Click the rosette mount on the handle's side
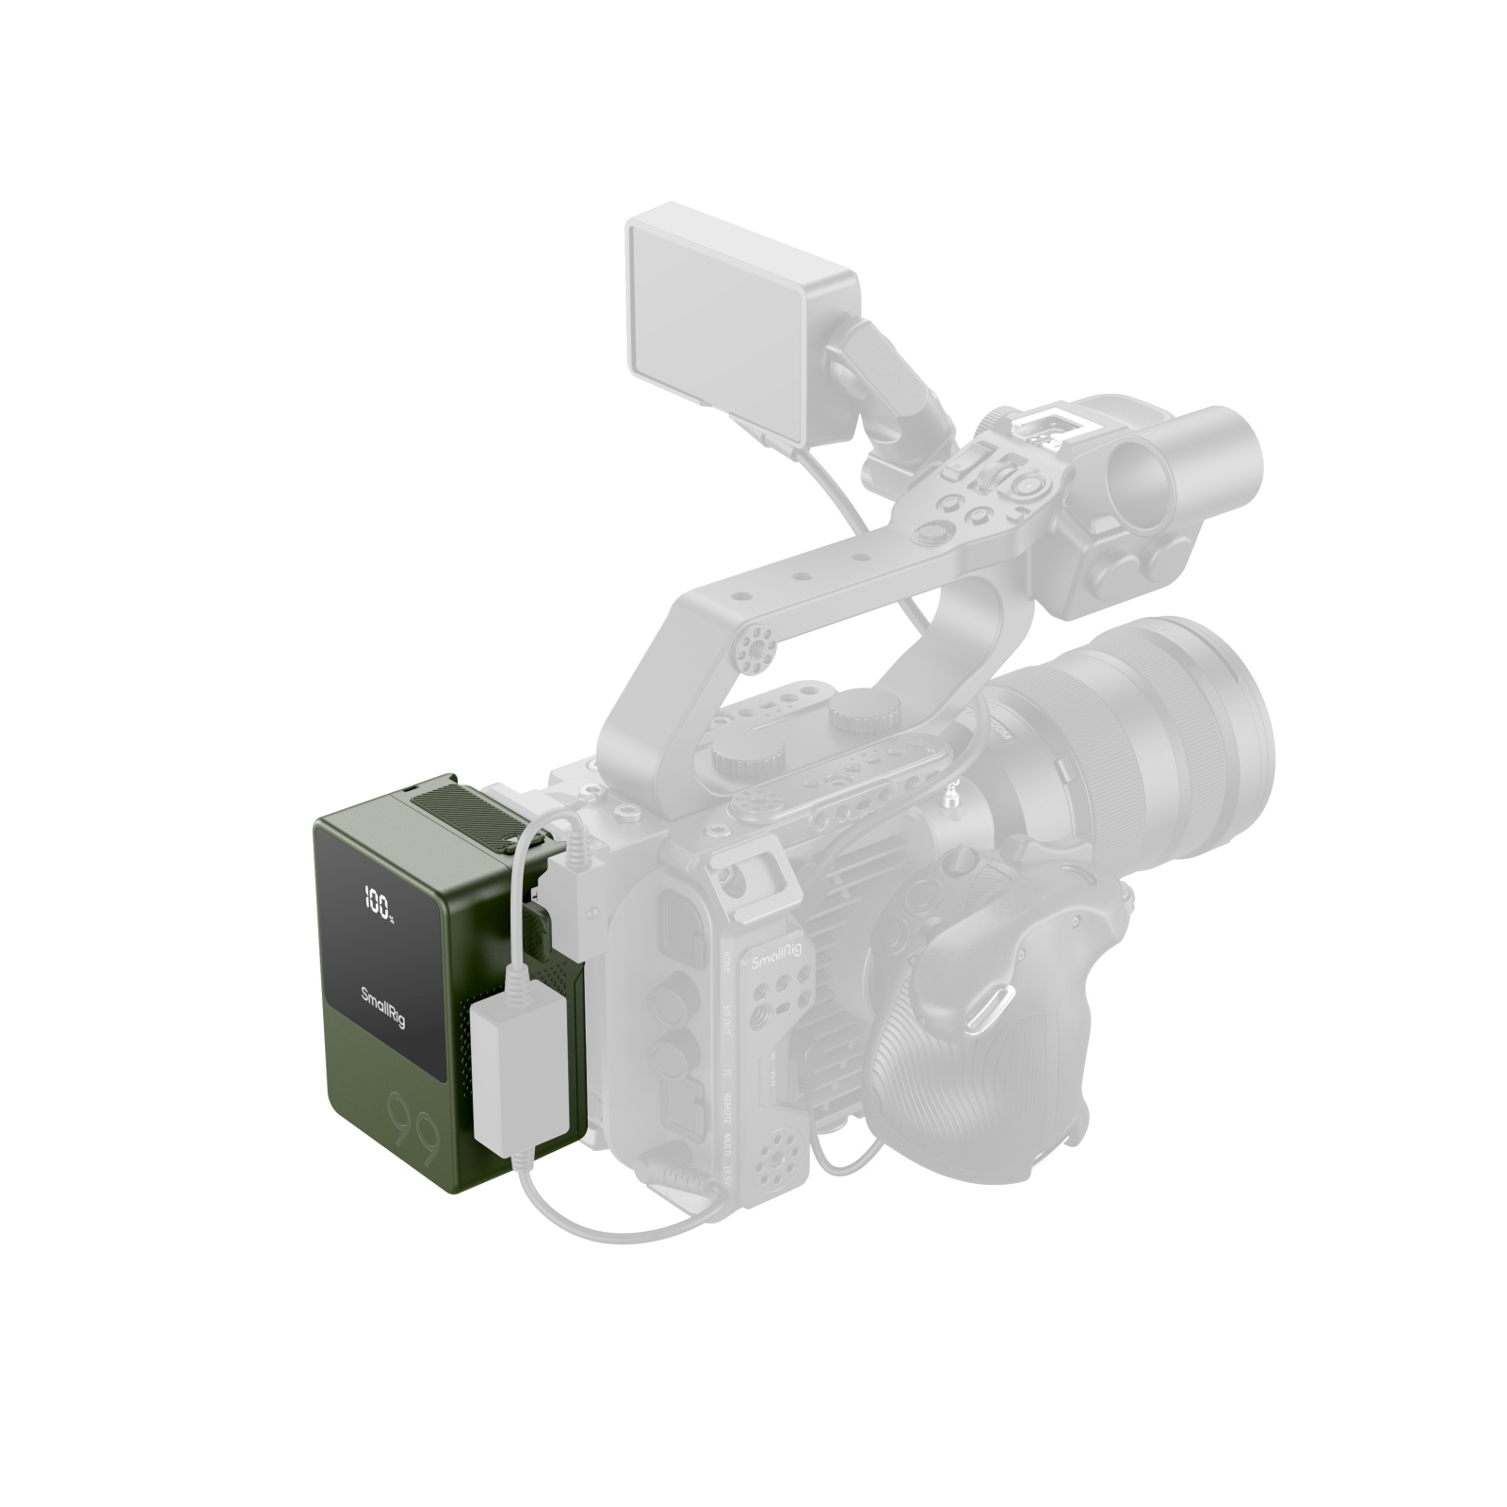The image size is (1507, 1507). (x=753, y=647)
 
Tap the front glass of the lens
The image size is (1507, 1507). (x=1224, y=716)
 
